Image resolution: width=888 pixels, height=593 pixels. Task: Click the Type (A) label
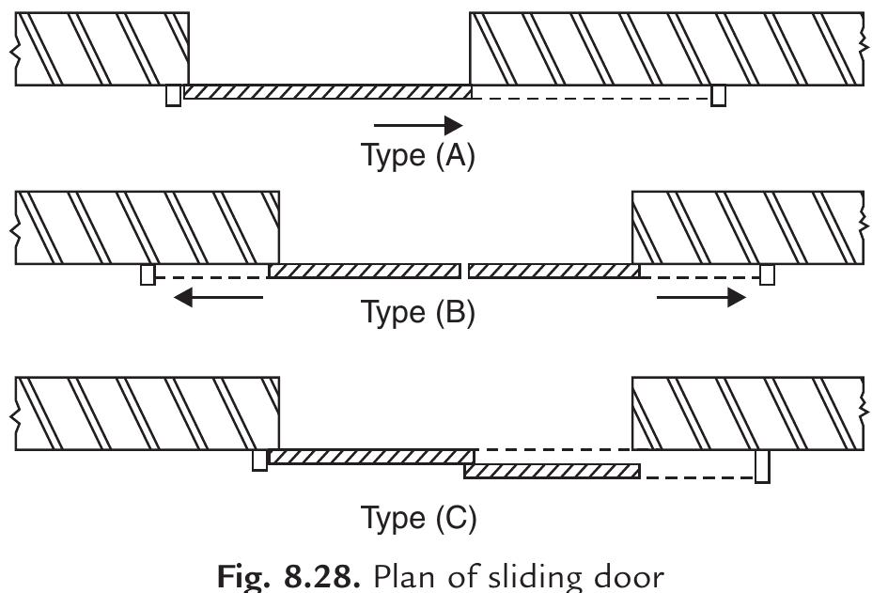tap(418, 154)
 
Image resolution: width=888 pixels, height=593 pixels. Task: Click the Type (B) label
tap(418, 311)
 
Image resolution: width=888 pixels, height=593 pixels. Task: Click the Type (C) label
tap(418, 516)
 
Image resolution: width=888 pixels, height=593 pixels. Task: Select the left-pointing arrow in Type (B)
tap(220, 298)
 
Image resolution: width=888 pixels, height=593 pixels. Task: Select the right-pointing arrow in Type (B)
tap(701, 298)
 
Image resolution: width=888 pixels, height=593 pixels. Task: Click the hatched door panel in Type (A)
tap(327, 91)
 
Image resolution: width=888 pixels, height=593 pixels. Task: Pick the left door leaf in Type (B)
tap(364, 272)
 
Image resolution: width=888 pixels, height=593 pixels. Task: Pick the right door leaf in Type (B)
tap(553, 272)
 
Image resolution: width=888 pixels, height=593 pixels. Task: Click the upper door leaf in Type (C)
tap(370, 457)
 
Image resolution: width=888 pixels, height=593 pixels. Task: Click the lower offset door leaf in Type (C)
tap(552, 471)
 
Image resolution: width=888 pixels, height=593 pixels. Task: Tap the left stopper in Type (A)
tap(173, 95)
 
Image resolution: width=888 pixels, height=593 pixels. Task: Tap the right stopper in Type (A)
tap(718, 95)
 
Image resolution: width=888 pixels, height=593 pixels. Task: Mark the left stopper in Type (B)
tap(147, 274)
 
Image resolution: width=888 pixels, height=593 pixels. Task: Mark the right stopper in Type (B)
tap(767, 274)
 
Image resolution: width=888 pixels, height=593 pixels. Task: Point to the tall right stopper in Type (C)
tap(761, 465)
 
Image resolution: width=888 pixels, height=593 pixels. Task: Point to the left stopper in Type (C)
tap(259, 460)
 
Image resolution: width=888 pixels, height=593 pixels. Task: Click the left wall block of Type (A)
tap(101, 50)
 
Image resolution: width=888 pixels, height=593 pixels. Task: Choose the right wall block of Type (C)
tap(747, 414)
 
